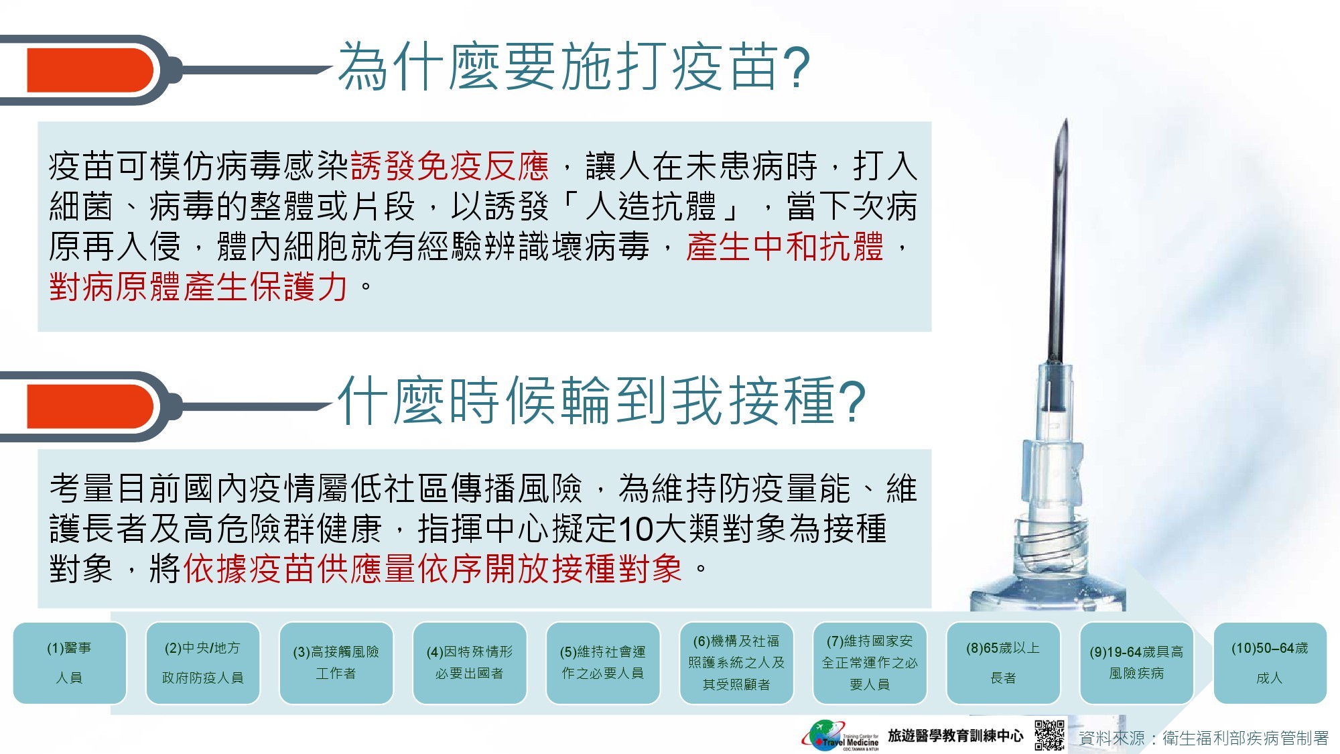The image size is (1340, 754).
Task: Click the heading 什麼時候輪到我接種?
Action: pyautogui.click(x=602, y=400)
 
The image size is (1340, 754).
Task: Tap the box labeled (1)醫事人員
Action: pyautogui.click(x=70, y=663)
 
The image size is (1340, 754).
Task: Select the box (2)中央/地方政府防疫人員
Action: pyautogui.click(x=202, y=663)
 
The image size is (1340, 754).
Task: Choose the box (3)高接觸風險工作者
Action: pyautogui.click(x=336, y=663)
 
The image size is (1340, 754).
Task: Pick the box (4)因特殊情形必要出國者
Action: pyautogui.click(x=470, y=663)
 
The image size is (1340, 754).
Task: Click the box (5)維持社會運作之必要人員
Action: pyautogui.click(x=603, y=663)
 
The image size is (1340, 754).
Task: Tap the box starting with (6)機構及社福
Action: pyautogui.click(x=736, y=663)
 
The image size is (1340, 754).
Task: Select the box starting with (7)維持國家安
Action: pyautogui.click(x=870, y=663)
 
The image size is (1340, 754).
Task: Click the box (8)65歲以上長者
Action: pyautogui.click(x=1003, y=663)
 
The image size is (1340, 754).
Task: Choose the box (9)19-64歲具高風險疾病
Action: pyautogui.click(x=1136, y=663)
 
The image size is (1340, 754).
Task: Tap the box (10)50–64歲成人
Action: pyautogui.click(x=1270, y=663)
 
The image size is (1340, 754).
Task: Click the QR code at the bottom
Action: pyautogui.click(x=1049, y=736)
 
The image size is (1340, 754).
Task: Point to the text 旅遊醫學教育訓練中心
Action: pyautogui.click(x=955, y=736)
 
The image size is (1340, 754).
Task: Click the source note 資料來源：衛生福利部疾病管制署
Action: pyautogui.click(x=1203, y=738)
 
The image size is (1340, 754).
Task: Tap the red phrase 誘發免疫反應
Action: pyautogui.click(x=450, y=166)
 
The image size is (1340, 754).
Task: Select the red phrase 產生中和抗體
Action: pyautogui.click(x=785, y=247)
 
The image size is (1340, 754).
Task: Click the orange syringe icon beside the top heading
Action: pyautogui.click(x=90, y=70)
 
